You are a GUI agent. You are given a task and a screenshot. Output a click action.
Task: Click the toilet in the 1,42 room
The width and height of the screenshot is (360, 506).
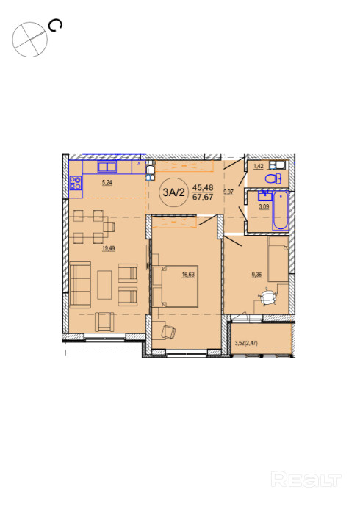[273, 178]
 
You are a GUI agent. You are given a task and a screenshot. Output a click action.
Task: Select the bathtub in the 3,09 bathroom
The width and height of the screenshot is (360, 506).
[280, 210]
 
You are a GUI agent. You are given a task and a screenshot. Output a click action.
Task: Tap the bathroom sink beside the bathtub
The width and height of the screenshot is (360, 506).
[264, 196]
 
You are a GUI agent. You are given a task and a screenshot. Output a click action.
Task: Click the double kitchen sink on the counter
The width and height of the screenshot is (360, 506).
[107, 167]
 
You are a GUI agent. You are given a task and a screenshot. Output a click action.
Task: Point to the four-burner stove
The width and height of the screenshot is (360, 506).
[76, 183]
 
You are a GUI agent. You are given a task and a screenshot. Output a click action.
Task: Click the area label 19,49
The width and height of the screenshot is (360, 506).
[109, 249]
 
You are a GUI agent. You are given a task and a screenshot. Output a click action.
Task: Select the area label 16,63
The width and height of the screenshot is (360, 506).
[188, 275]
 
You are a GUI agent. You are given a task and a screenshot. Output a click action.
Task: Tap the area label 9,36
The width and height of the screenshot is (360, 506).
[256, 275]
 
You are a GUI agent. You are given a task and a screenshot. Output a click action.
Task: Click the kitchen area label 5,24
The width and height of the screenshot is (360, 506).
[107, 183]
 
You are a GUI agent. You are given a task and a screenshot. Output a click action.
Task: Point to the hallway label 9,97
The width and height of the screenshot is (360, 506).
[228, 192]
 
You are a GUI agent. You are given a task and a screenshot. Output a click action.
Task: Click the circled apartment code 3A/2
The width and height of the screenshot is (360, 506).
[173, 192]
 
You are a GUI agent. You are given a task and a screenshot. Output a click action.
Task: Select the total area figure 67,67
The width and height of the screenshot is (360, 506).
[203, 197]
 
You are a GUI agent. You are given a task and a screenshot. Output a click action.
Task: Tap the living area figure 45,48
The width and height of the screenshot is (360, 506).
[203, 187]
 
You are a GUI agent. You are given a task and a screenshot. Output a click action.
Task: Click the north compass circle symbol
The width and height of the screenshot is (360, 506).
[30, 40]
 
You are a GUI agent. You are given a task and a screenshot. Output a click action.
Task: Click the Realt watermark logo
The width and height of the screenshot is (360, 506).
[306, 480]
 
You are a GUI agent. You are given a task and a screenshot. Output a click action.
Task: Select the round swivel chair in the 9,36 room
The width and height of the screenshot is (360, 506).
[267, 297]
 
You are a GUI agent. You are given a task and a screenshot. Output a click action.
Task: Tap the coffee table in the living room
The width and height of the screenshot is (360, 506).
[104, 285]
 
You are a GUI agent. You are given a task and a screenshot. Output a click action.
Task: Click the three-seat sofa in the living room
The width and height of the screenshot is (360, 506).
[80, 284]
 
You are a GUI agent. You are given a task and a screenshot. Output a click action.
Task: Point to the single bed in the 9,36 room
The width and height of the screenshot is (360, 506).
[278, 259]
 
